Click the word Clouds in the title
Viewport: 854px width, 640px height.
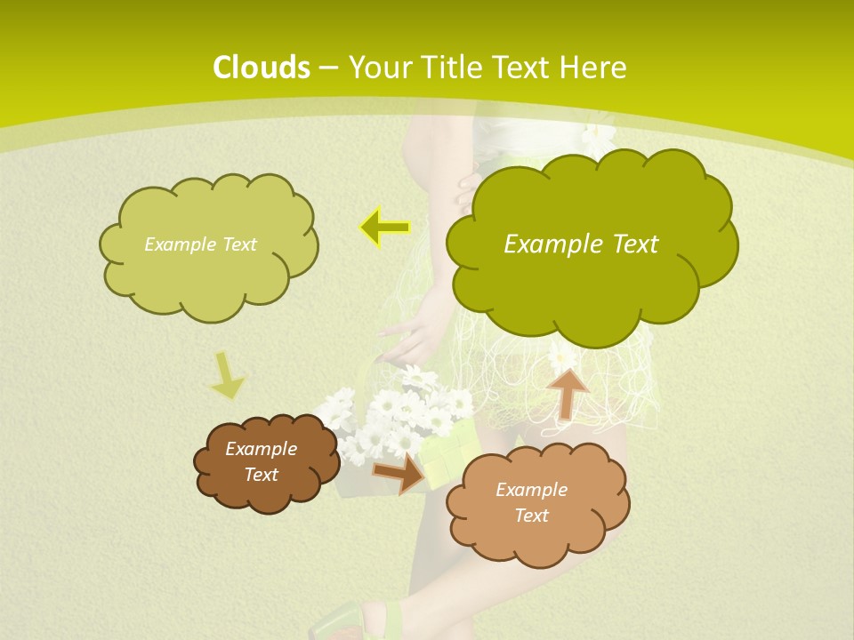262,68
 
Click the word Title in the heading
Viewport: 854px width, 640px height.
452,68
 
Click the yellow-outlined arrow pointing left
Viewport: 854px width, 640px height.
384,228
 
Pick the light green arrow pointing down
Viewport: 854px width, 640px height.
227,375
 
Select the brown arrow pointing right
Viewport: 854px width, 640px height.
399,472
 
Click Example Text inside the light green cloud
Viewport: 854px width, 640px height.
200,244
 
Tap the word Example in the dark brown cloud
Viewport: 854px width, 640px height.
261,449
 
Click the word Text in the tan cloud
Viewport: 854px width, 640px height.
531,516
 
